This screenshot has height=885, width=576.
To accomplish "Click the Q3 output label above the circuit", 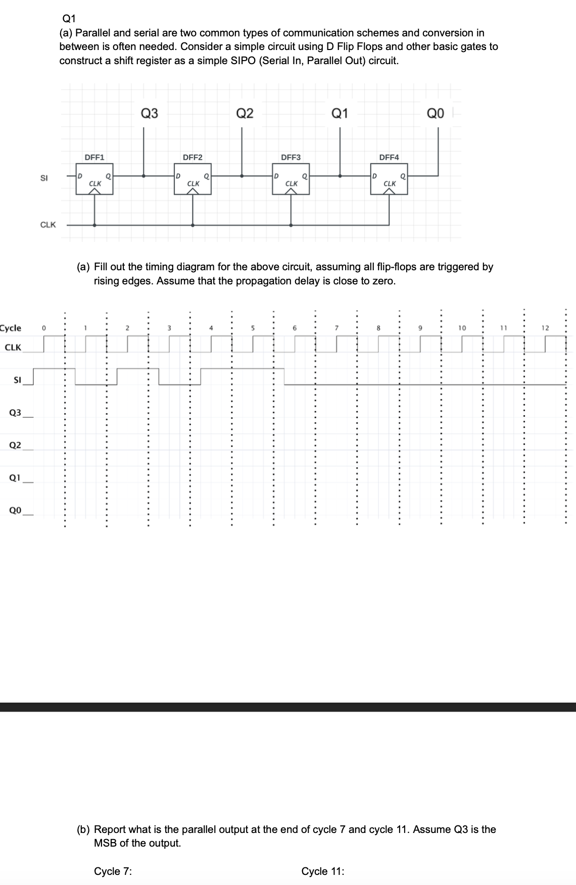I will point(149,113).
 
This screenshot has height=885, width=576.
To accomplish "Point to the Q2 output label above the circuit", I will point(245,113).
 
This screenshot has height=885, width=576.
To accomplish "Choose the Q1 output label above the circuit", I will point(340,113).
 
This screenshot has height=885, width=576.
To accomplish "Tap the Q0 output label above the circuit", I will point(436,113).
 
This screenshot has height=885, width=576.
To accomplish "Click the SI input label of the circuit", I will point(44,178).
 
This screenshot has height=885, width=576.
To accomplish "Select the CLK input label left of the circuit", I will point(48,225).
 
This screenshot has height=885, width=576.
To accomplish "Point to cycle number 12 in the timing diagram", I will point(545,328).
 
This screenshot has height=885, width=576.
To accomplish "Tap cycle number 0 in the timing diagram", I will point(44,328).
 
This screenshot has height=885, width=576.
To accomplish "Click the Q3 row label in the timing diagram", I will point(15,413).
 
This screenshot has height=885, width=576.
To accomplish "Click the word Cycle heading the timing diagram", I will point(11,328).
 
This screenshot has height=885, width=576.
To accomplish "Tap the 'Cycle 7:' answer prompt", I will point(113,871).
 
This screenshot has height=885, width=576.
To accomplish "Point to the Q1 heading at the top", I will point(69,19).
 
